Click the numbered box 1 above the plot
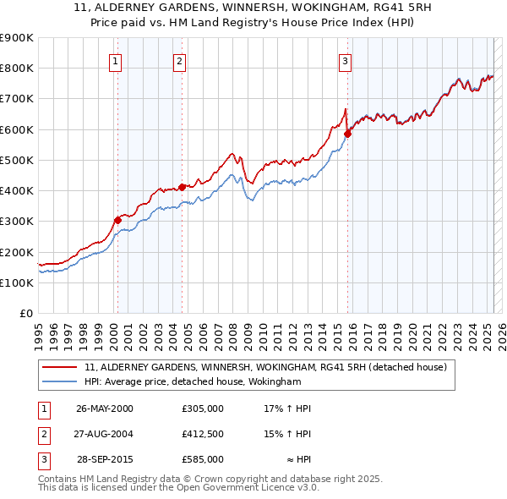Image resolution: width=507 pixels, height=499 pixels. click(x=114, y=60)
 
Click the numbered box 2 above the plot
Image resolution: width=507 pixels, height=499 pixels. click(x=180, y=60)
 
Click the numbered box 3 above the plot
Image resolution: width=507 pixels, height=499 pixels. click(x=346, y=60)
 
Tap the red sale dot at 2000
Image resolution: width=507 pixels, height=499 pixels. click(x=117, y=220)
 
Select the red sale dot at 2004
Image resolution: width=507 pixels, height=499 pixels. click(x=182, y=187)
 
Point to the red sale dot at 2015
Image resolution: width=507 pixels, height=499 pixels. click(x=347, y=134)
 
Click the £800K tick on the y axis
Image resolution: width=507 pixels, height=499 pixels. click(x=17, y=68)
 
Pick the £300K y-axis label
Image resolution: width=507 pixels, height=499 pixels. click(x=17, y=222)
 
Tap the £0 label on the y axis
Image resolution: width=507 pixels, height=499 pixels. click(x=26, y=314)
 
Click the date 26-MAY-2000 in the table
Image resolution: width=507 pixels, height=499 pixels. click(x=105, y=409)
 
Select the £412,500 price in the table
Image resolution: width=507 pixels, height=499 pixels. click(x=203, y=434)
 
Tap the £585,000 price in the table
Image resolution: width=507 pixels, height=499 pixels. click(x=203, y=459)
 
